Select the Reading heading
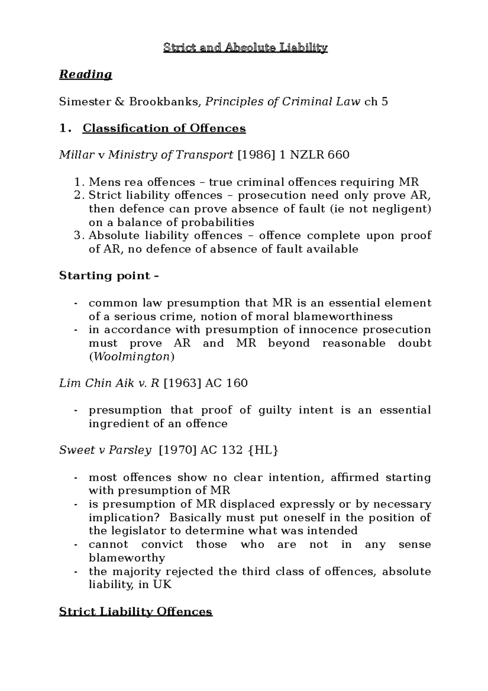click(x=85, y=75)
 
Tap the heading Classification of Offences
click(x=164, y=129)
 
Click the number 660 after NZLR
click(x=338, y=155)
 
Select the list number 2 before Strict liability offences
click(x=79, y=196)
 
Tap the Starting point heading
click(x=109, y=276)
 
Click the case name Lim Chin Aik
click(x=96, y=384)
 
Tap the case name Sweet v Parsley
click(x=105, y=451)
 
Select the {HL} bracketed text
click(x=263, y=451)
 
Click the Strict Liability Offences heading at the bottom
click(x=136, y=612)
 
